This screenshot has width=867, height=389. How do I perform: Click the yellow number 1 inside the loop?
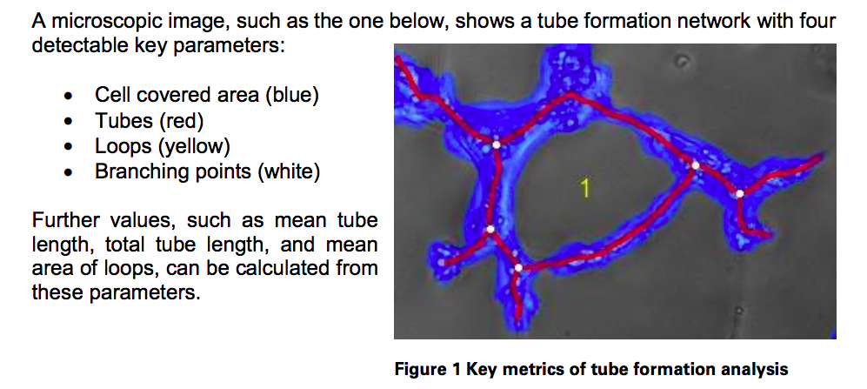585,187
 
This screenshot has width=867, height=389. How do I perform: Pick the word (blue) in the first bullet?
291,95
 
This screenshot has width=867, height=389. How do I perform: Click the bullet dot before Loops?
69,146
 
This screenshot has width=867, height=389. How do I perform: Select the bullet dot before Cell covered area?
69,96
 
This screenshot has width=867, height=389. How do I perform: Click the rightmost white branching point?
739,193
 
